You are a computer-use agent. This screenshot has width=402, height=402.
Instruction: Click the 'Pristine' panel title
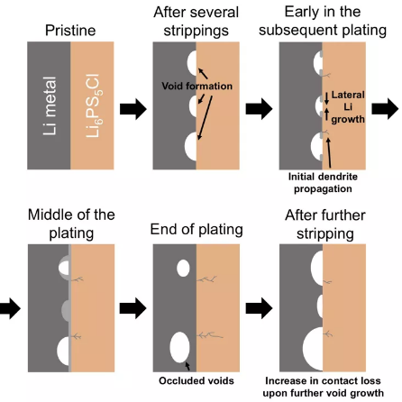(70, 31)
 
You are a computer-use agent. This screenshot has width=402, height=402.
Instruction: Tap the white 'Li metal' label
(50, 105)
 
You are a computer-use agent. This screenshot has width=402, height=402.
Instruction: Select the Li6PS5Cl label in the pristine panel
(94, 105)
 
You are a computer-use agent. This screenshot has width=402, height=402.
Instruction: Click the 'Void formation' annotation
(196, 86)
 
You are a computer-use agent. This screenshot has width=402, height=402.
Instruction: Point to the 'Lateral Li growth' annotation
(348, 107)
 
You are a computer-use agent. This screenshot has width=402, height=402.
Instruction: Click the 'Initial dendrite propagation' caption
(323, 183)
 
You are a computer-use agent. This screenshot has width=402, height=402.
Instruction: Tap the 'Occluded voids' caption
(196, 380)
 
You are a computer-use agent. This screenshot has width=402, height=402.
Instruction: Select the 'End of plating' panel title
(196, 230)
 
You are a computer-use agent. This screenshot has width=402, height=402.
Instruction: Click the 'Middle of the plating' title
(71, 224)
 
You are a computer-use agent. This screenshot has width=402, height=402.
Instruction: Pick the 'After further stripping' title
(325, 224)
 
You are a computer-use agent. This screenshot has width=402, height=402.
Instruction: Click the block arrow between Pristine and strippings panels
(133, 109)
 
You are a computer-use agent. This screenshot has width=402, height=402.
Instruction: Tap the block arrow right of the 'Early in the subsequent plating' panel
(385, 109)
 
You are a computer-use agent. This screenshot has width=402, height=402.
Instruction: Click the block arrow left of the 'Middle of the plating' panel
(10, 308)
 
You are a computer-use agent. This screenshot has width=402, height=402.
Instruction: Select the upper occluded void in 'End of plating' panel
(183, 269)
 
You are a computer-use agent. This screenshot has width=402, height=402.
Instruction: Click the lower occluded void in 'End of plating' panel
(179, 347)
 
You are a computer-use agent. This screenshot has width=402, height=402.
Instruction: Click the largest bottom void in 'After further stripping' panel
(313, 349)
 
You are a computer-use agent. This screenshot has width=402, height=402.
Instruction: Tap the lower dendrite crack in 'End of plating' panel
(210, 334)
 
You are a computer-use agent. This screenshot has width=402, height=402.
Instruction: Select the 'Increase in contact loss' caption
(323, 380)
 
